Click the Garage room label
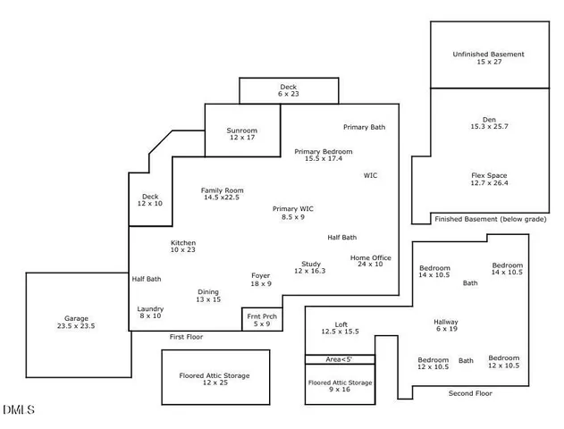pos(75,323)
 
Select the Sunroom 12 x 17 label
pos(241,134)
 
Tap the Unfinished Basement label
pos(488,59)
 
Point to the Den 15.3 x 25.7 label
pos(488,123)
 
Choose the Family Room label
pos(222,194)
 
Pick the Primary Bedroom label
pos(324,155)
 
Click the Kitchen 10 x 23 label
pos(183,246)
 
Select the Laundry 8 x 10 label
pos(150,312)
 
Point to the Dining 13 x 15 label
pos(208,296)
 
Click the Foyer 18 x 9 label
pos(260,280)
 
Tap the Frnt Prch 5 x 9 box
pos(259,320)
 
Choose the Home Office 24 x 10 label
pos(370,261)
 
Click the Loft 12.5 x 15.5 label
pos(340,328)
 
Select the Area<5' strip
pos(340,359)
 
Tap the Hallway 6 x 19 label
pos(445,325)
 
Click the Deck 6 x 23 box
pos(288,90)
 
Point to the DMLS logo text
pos(18,410)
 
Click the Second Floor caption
pos(470,393)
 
